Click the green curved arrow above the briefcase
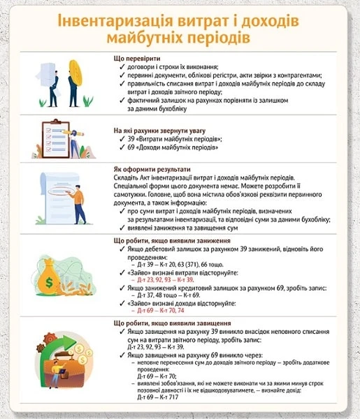pos(59,341)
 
